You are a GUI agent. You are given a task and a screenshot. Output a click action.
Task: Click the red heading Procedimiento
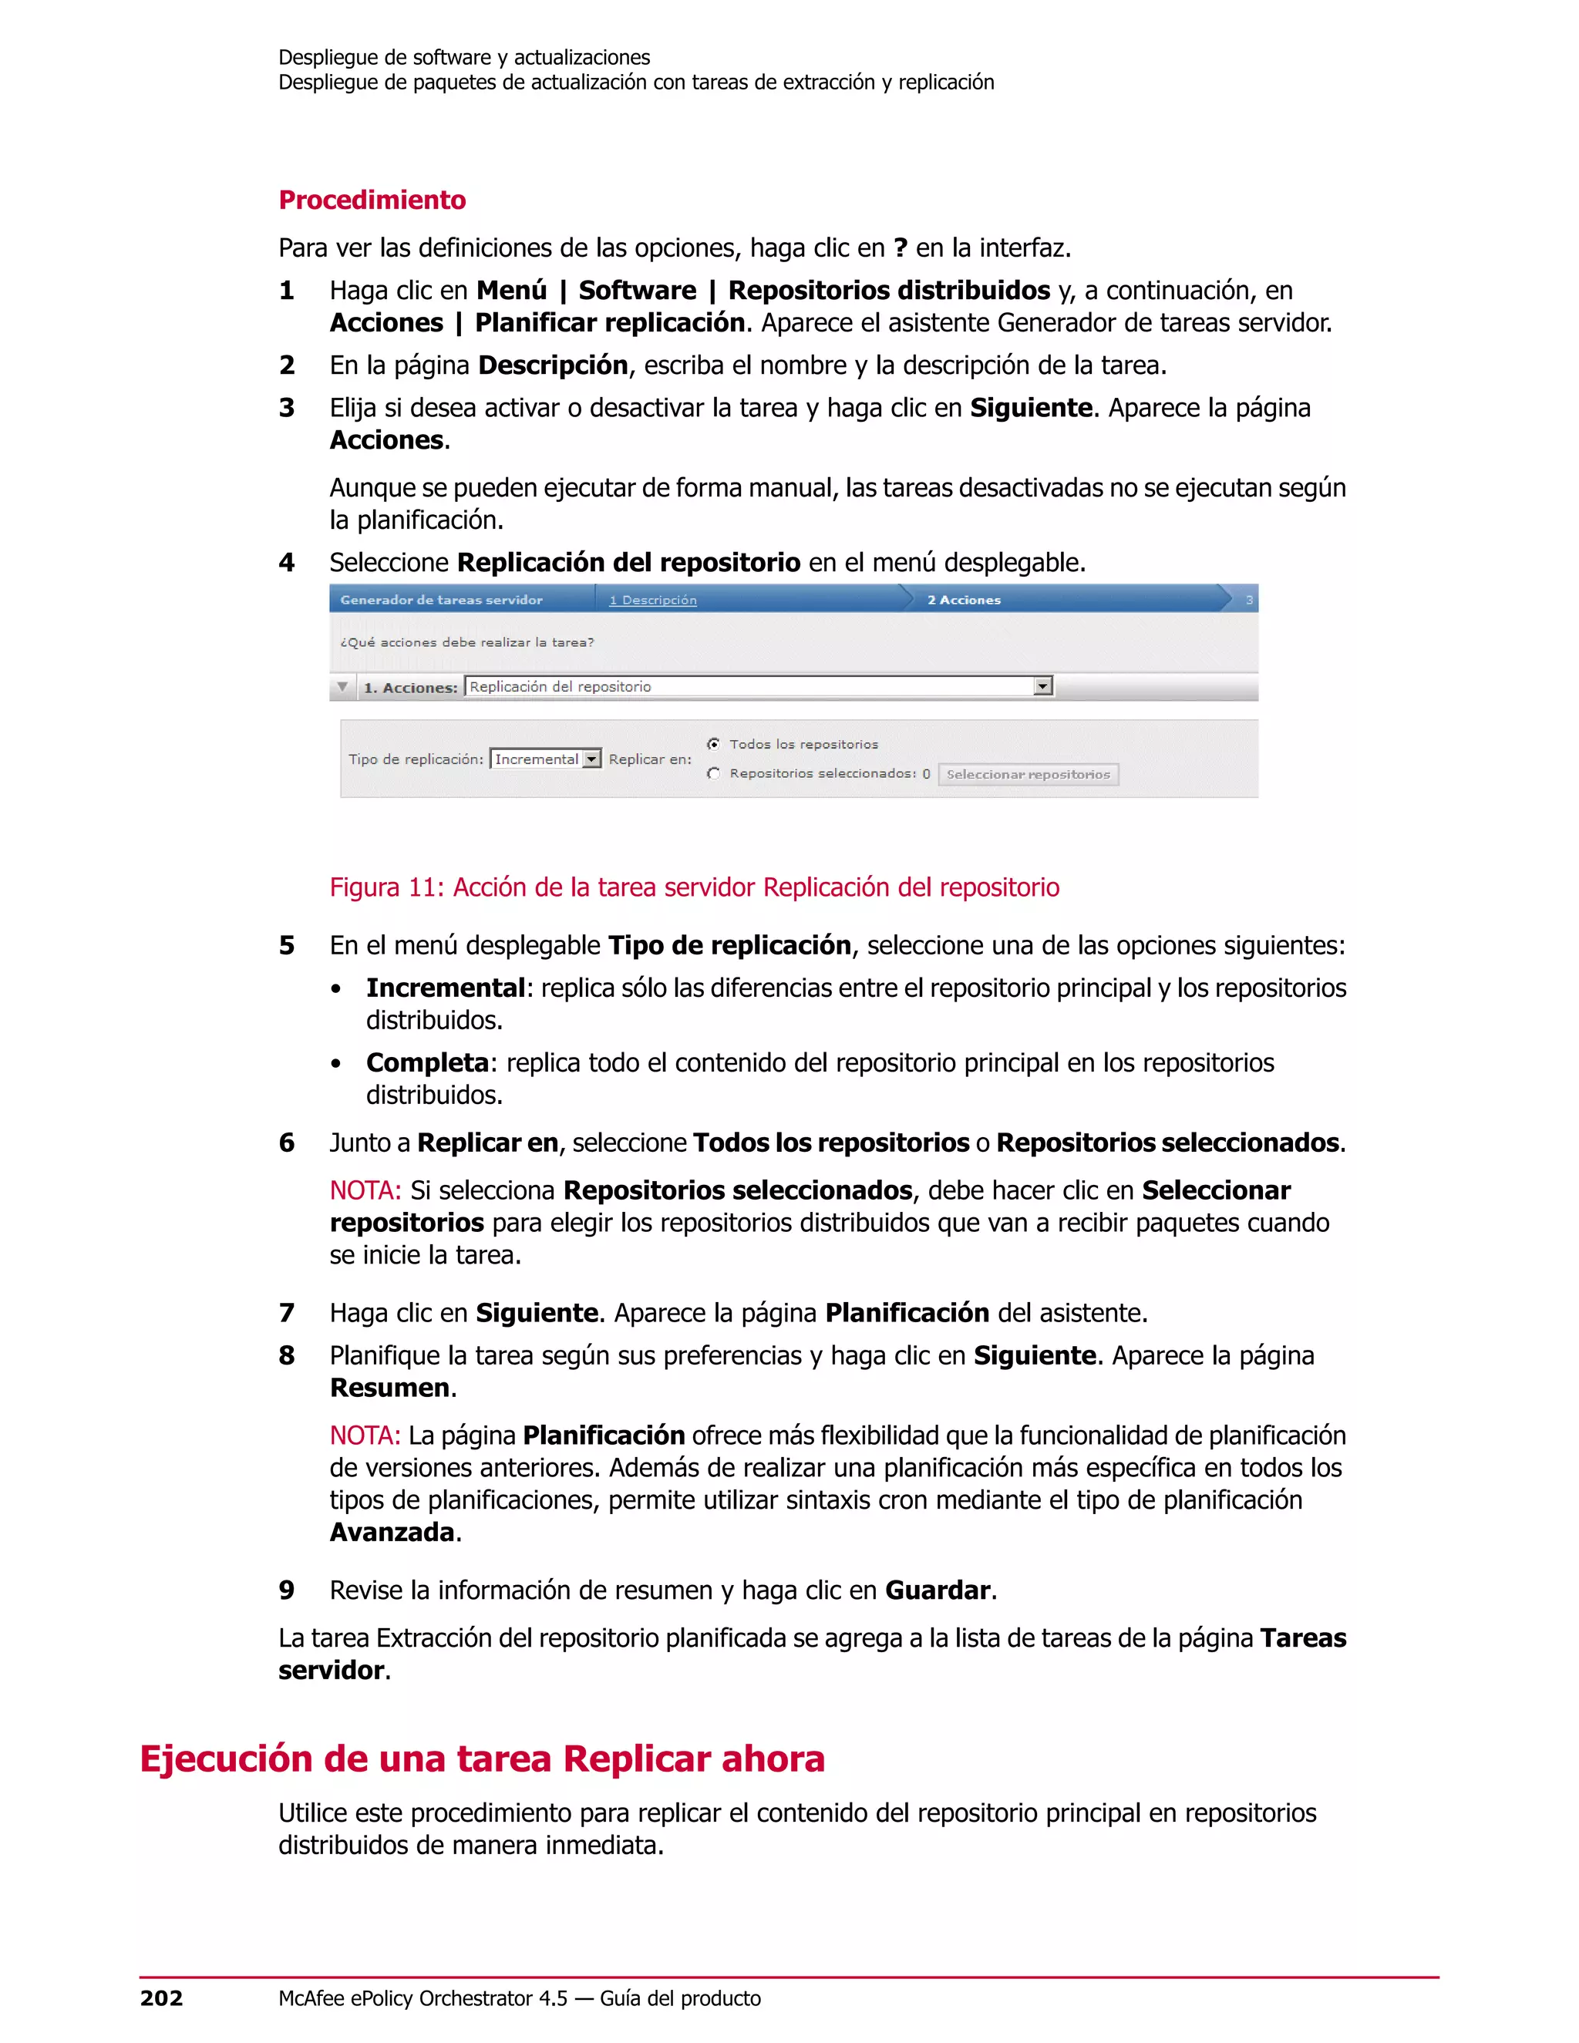coord(372,200)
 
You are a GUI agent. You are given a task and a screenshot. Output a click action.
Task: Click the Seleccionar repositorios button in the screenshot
coord(1027,775)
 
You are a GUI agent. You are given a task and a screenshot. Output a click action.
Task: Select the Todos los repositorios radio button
coord(714,744)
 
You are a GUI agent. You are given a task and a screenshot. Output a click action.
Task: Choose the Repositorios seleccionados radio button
coord(714,773)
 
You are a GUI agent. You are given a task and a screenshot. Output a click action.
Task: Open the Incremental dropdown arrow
coord(591,759)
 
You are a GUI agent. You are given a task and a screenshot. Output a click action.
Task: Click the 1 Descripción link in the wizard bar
coord(652,600)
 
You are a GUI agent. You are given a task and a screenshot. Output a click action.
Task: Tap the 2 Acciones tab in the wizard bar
coord(964,600)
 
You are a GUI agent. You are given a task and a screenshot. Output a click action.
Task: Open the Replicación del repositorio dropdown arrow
coord(1043,687)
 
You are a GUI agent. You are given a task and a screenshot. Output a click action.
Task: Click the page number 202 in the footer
coord(162,1998)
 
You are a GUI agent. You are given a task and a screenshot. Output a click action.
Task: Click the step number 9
coord(286,1590)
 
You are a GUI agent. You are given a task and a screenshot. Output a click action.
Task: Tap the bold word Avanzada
coord(392,1533)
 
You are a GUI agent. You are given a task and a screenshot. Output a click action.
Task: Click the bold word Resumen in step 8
coord(389,1388)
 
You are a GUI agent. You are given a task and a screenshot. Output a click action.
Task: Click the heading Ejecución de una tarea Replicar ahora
coord(482,1759)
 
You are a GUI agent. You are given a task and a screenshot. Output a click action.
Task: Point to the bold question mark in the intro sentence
coord(900,248)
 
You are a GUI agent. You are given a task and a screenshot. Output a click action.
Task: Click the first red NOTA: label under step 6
coord(365,1191)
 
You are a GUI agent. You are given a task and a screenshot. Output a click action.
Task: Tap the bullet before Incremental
coord(336,990)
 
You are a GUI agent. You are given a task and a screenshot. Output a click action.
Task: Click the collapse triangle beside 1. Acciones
coord(343,687)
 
